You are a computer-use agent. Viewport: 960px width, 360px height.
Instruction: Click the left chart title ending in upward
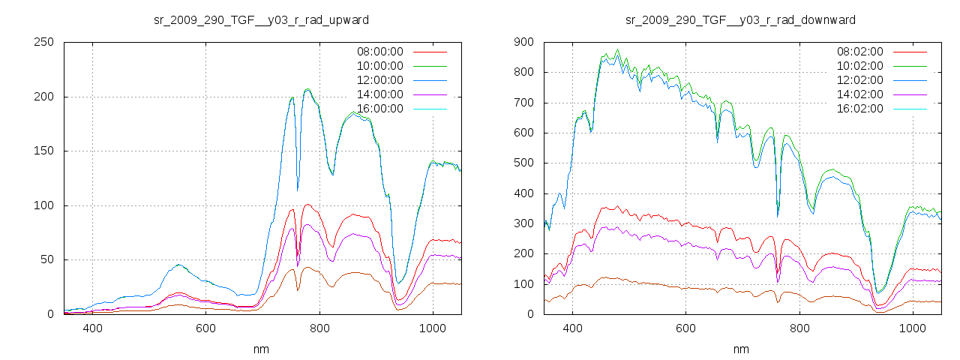tap(261, 19)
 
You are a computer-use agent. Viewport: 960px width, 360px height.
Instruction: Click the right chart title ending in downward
tap(741, 19)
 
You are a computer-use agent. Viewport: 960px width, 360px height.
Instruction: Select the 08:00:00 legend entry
tap(380, 52)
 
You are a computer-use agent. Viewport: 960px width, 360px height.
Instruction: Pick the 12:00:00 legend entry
tap(380, 80)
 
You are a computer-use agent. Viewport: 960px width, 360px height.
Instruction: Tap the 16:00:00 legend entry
tap(380, 109)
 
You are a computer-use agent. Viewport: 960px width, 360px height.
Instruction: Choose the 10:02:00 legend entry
tap(860, 66)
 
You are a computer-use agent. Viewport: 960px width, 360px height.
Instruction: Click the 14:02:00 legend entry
tap(860, 94)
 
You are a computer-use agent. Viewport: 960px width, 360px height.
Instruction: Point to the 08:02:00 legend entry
tap(860, 52)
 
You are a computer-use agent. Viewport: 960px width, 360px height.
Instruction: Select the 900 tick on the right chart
tap(523, 42)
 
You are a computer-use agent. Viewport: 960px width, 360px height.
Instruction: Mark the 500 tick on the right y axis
tap(523, 163)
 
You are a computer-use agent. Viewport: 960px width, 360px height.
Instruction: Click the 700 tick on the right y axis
tap(523, 103)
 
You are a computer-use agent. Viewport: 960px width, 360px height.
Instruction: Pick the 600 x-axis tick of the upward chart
tap(205, 328)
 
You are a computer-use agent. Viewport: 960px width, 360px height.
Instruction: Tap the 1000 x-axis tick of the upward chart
tap(432, 328)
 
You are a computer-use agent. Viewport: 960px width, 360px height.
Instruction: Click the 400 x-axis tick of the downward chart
tap(572, 328)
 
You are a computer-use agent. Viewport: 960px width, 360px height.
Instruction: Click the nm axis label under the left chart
tap(261, 349)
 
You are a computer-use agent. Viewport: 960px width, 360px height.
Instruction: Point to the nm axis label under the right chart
tap(741, 349)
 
